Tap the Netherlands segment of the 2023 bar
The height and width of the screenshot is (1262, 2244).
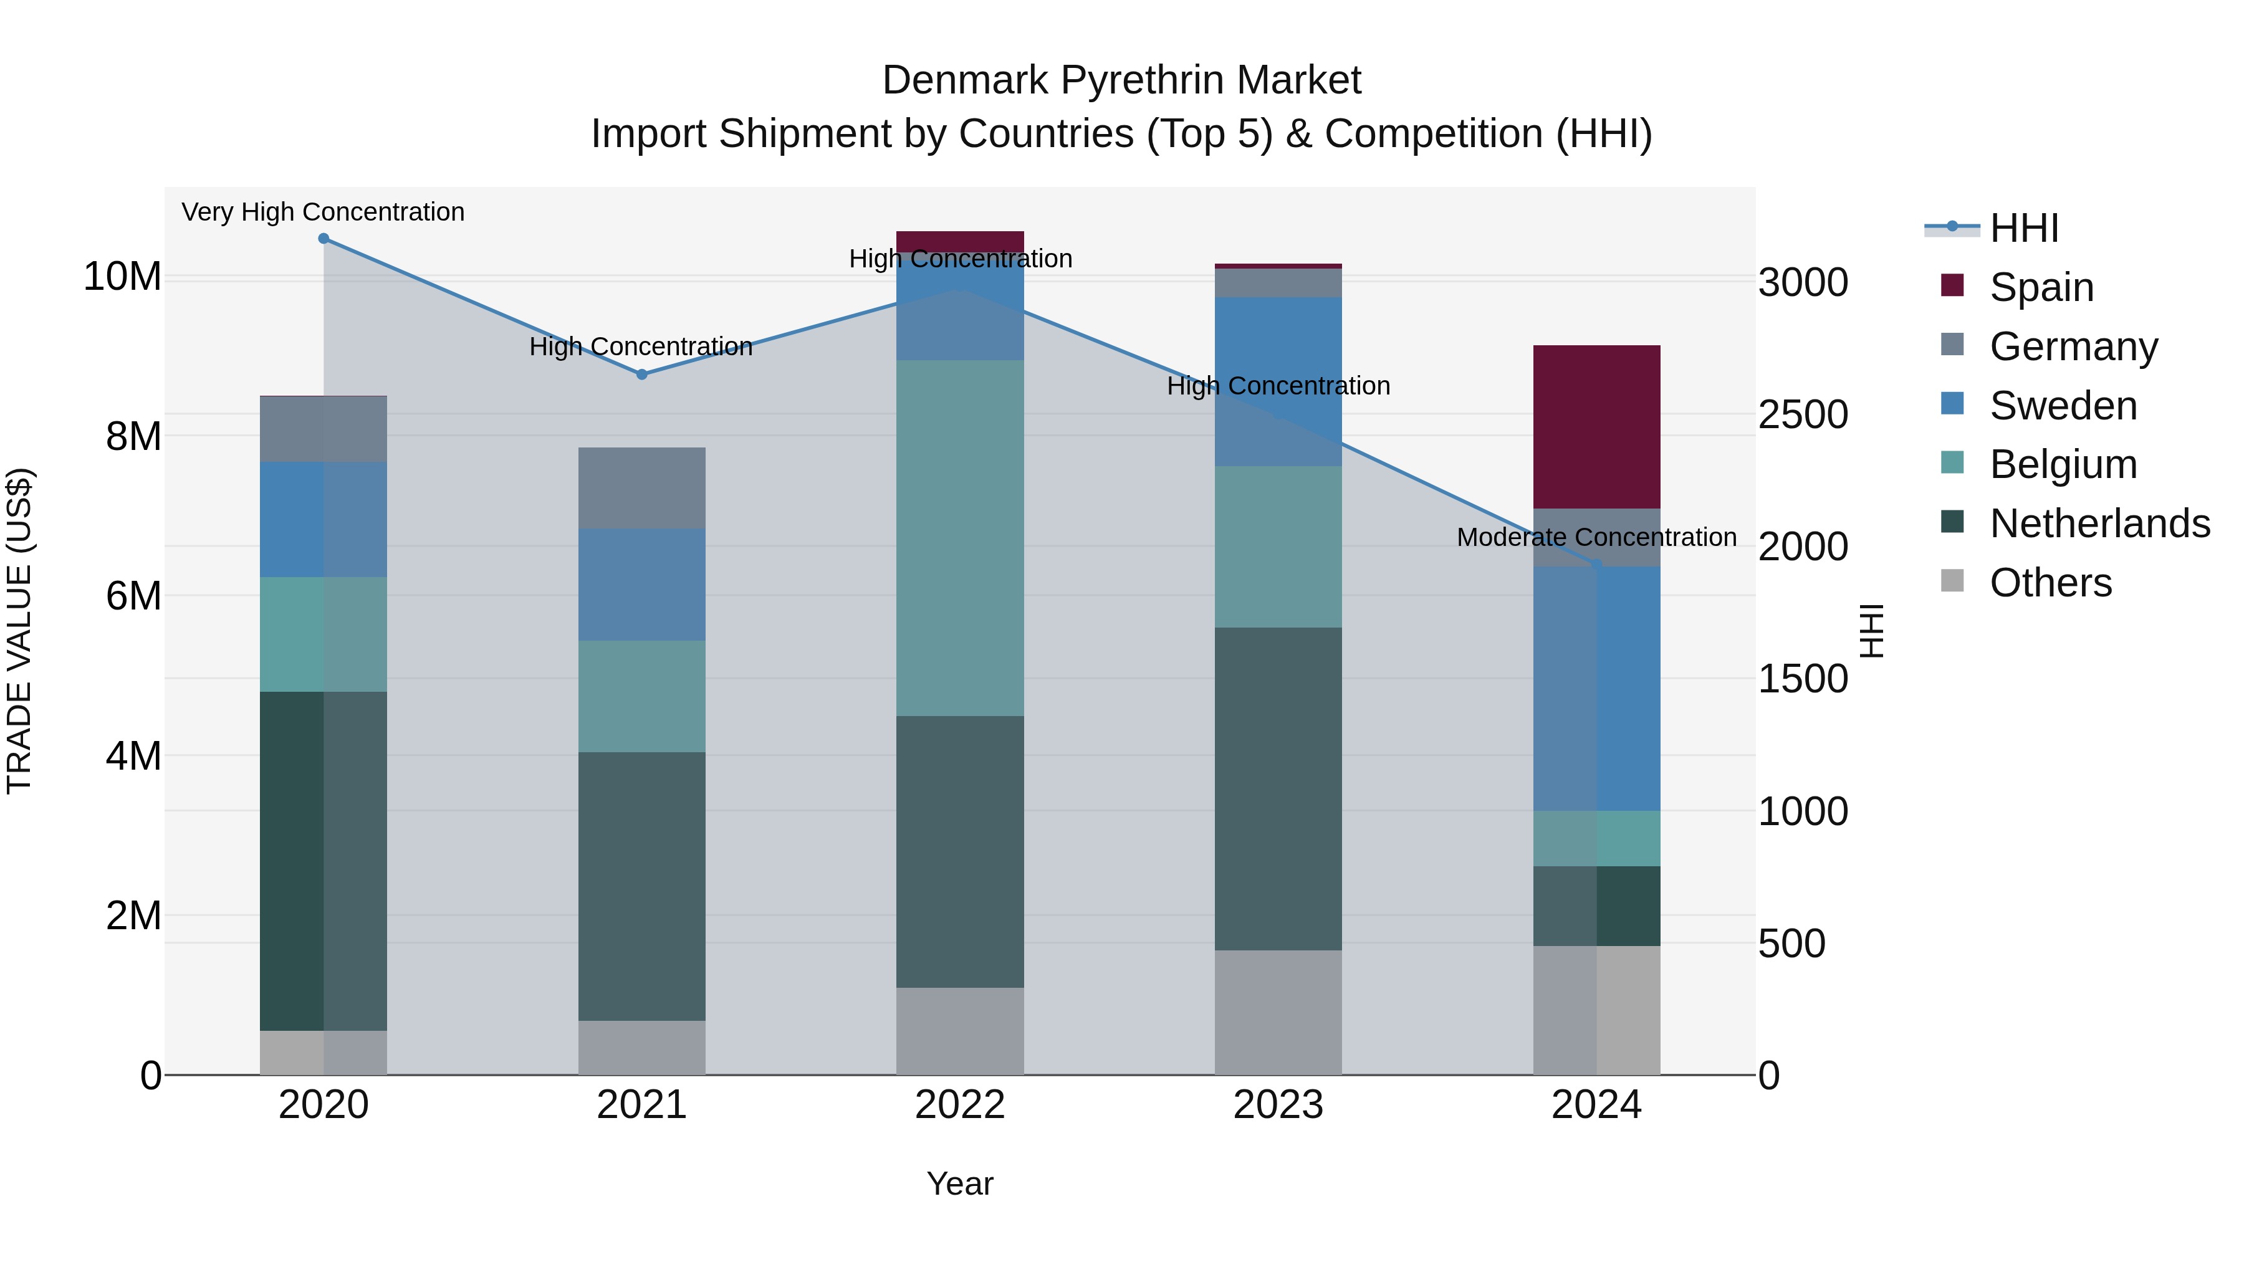pyautogui.click(x=1278, y=788)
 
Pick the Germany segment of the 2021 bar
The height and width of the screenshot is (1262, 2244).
pyautogui.click(x=642, y=488)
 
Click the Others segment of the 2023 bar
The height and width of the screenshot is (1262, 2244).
pyautogui.click(x=1278, y=1012)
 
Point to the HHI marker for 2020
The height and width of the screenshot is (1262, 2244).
pyautogui.click(x=323, y=239)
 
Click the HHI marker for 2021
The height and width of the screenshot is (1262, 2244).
pyautogui.click(x=642, y=375)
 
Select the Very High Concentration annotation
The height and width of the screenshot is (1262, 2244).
pyautogui.click(x=323, y=213)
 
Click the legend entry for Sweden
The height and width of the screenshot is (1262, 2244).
pyautogui.click(x=2063, y=406)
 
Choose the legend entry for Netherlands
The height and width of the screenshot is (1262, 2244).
pyautogui.click(x=2099, y=523)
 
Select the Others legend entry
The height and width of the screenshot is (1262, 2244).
pyautogui.click(x=2051, y=583)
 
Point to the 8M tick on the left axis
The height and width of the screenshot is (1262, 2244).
pyautogui.click(x=133, y=436)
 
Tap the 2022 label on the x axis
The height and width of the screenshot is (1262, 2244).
pyautogui.click(x=960, y=1105)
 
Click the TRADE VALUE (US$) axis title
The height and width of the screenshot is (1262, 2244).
pyautogui.click(x=19, y=631)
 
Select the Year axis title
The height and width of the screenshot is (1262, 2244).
pyautogui.click(x=960, y=1183)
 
